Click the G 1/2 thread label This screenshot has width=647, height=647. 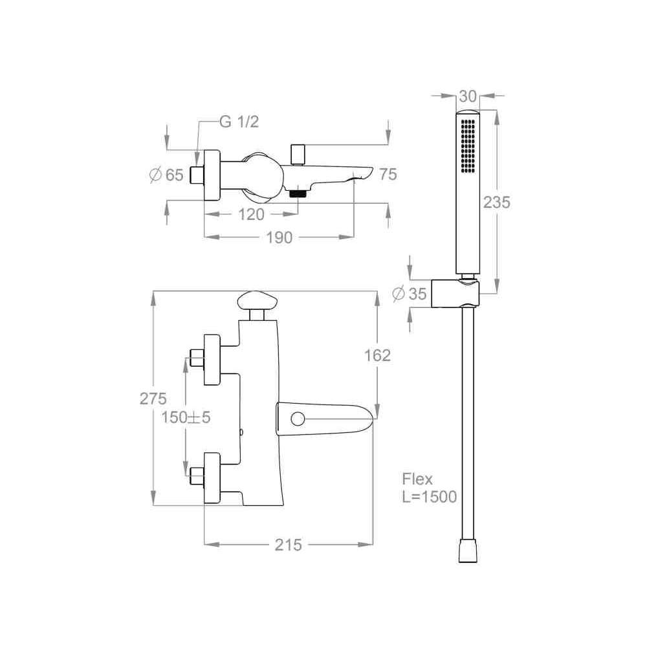click(x=239, y=122)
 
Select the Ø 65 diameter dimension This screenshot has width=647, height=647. click(x=166, y=175)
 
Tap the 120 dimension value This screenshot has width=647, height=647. click(x=251, y=215)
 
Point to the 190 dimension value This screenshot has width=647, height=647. click(x=280, y=237)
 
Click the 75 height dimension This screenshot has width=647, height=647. click(x=388, y=175)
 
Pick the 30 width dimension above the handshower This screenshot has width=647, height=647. click(x=468, y=96)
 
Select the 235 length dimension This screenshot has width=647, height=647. click(x=497, y=202)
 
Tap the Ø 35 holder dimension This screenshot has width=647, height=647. click(x=410, y=294)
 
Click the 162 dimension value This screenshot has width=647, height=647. click(x=377, y=355)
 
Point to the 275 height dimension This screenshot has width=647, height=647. click(x=153, y=399)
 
